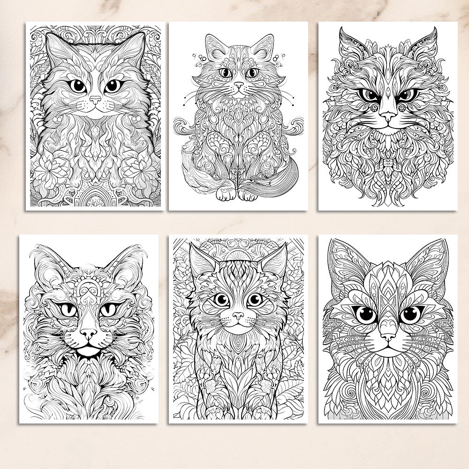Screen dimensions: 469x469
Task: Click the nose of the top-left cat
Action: point(96,100)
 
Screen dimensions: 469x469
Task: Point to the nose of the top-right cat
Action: point(388,115)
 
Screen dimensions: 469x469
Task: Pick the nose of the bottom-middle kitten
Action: point(238,316)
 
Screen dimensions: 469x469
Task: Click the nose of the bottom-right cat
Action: point(388,337)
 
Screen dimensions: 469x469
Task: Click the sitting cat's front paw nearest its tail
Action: point(247,194)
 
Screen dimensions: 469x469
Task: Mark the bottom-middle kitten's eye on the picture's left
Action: point(220,300)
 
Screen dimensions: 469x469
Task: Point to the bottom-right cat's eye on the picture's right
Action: point(411,314)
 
